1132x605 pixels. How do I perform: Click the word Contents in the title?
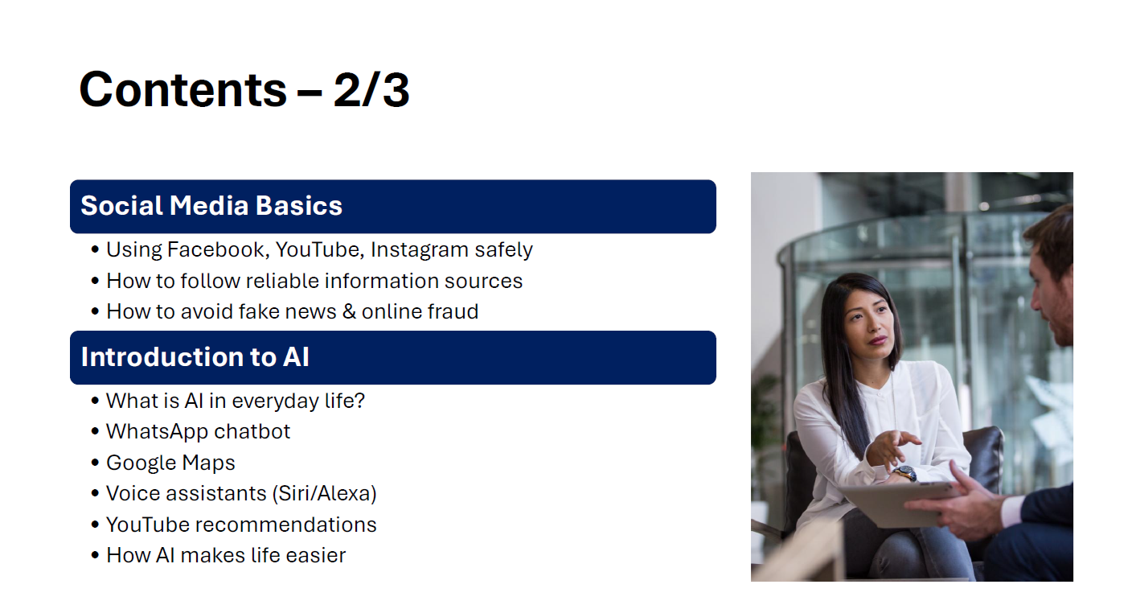183,90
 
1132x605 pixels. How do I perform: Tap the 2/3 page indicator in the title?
371,90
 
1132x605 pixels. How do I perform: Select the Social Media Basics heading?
211,206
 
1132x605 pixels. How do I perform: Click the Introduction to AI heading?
195,357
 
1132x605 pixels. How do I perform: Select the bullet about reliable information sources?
314,282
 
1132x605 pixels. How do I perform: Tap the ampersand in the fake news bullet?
349,311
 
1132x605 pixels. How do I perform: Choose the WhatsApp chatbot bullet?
198,431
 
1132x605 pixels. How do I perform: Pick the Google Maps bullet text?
170,463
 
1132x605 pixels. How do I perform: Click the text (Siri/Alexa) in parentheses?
325,494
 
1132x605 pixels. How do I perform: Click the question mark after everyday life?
359,401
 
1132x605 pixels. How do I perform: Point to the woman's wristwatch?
904,473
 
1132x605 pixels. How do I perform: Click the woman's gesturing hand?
892,447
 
